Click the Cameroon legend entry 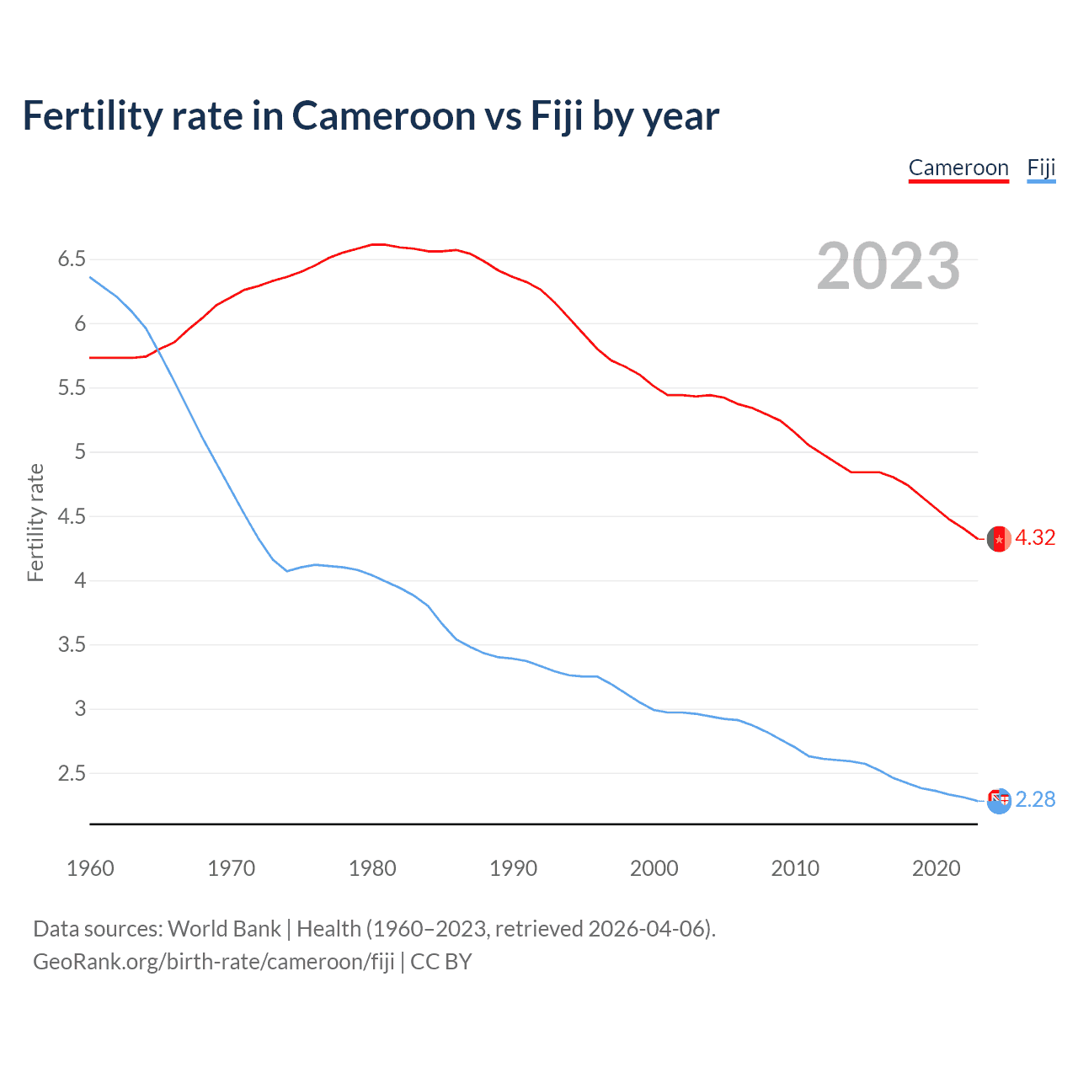(x=958, y=168)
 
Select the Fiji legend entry (x=1041, y=168)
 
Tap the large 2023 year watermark (x=889, y=266)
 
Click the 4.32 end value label (x=1035, y=537)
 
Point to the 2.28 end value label (x=1035, y=799)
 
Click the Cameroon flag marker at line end (x=999, y=539)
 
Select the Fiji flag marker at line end (x=999, y=801)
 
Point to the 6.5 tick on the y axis (x=72, y=259)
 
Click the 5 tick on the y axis (x=80, y=452)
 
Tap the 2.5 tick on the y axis (x=72, y=773)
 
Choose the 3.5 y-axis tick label (x=72, y=645)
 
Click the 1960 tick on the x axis (x=90, y=868)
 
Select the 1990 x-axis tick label (x=513, y=868)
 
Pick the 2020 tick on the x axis (x=936, y=868)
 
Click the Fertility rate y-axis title (x=35, y=522)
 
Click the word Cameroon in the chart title (x=384, y=116)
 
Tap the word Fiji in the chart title (x=556, y=116)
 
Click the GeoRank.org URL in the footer (x=214, y=962)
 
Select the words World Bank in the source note (x=224, y=929)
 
